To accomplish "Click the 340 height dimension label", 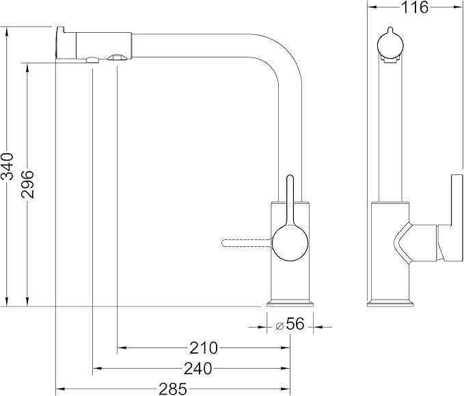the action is tap(7, 166).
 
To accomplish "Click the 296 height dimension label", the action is tap(27, 184).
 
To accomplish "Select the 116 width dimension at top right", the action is tap(414, 8).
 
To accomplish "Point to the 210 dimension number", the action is tap(204, 348).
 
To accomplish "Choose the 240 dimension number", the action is tap(198, 369).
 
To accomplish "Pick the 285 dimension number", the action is tap(173, 389).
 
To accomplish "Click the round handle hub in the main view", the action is tap(290, 243).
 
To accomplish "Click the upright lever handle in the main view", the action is tap(290, 201).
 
